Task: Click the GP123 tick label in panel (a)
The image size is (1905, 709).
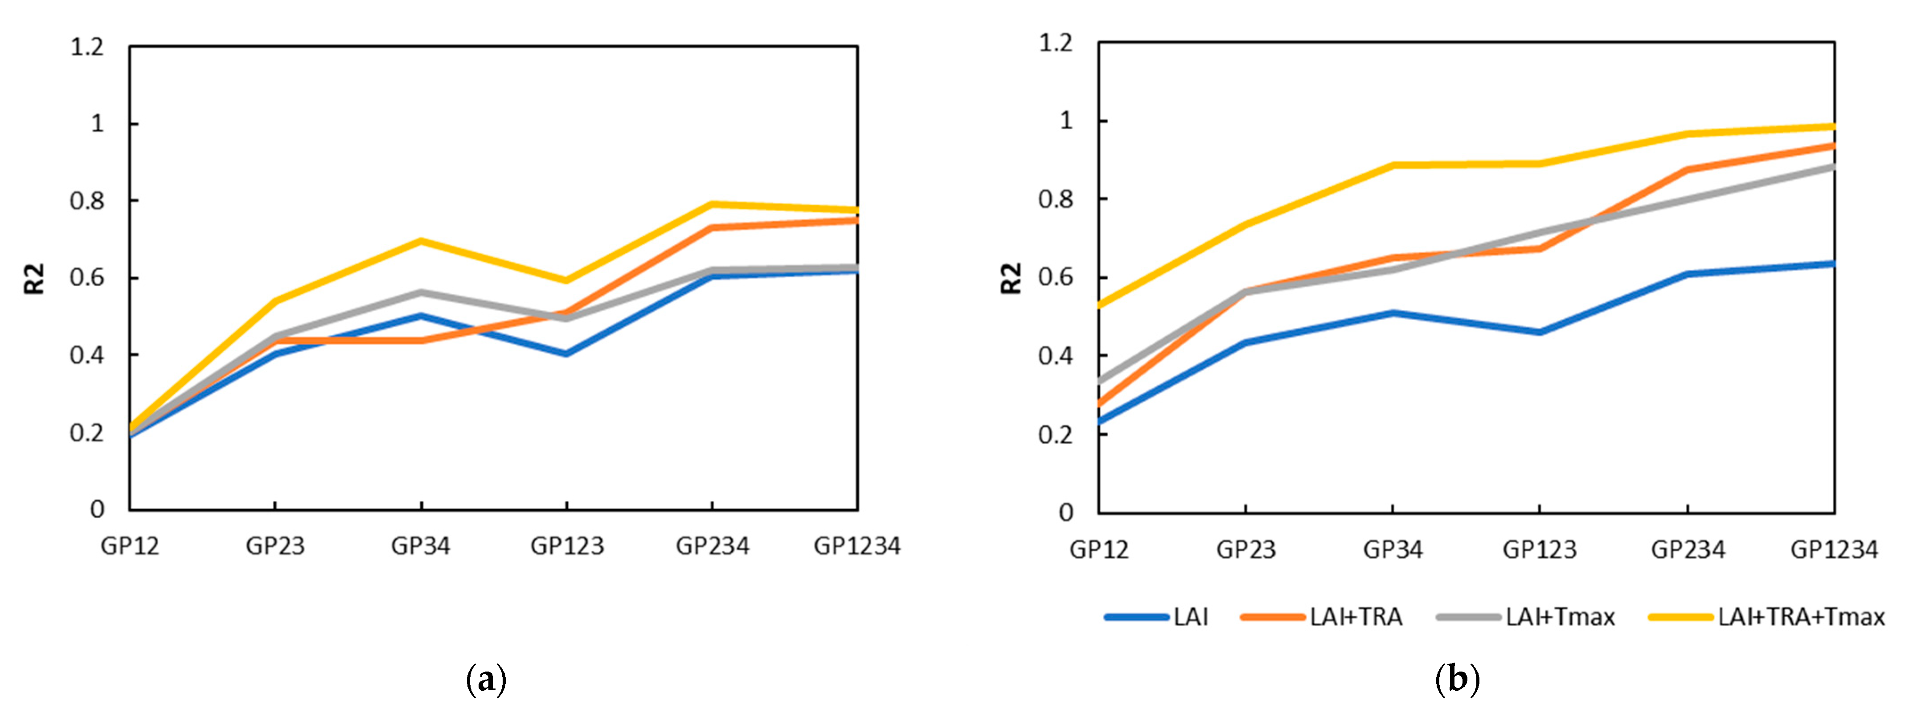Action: (567, 546)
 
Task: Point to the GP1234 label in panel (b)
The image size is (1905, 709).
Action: (1834, 550)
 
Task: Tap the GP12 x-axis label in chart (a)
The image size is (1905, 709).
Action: (130, 546)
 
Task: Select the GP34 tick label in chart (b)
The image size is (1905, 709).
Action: (1393, 550)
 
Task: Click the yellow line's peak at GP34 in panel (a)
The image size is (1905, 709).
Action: (421, 240)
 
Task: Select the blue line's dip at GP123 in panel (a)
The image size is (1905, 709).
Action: (566, 354)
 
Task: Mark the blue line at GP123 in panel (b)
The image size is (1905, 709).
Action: (1539, 332)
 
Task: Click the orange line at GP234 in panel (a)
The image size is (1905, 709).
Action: (712, 227)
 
